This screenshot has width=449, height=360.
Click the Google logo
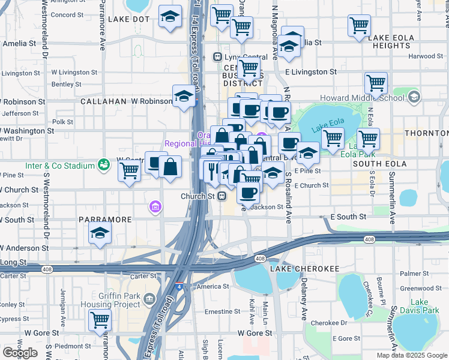20,353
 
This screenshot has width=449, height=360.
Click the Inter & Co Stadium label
60,166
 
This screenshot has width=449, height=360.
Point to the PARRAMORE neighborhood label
105,220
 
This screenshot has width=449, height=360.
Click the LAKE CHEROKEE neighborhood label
297,268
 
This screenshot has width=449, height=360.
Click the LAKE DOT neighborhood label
128,19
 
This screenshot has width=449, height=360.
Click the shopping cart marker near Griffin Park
100,319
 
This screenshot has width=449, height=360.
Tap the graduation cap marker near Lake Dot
171,17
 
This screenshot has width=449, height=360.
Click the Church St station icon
221,196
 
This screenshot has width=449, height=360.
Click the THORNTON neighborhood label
426,133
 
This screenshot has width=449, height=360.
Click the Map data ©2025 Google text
411,355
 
